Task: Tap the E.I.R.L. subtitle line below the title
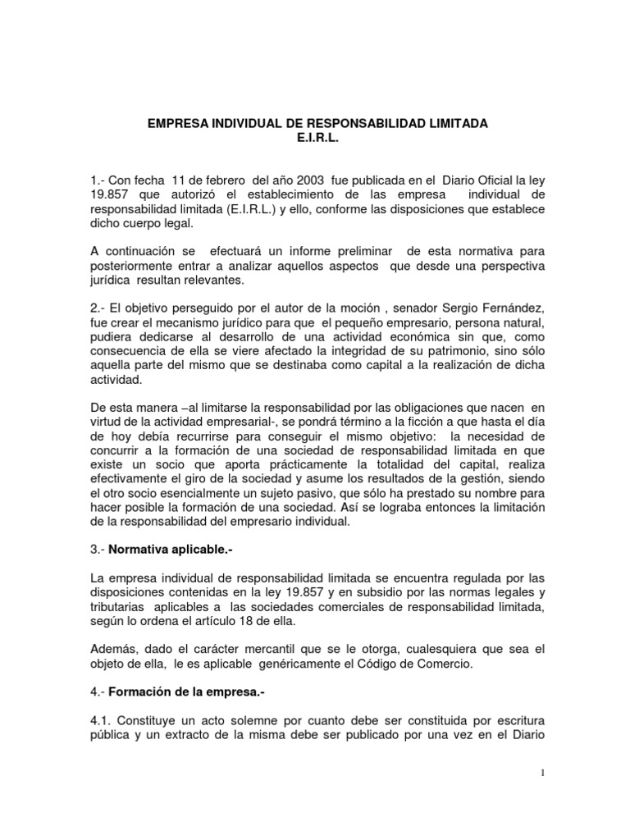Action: tap(317, 137)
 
